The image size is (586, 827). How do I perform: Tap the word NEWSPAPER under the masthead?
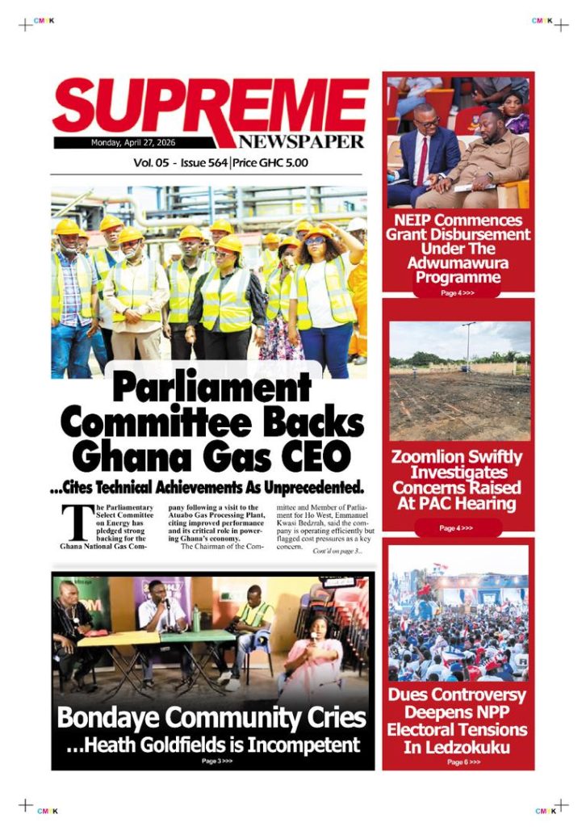tap(300, 141)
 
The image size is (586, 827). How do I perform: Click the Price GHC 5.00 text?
tap(270, 163)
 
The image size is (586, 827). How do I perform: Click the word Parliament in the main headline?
tap(211, 389)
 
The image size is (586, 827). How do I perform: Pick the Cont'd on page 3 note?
tap(337, 552)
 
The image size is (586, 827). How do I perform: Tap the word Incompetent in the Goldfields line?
tap(310, 745)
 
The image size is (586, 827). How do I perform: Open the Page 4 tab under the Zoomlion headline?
tap(456, 528)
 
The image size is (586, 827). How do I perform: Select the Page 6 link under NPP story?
tap(463, 762)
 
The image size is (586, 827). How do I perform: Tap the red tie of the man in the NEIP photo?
tap(422, 162)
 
